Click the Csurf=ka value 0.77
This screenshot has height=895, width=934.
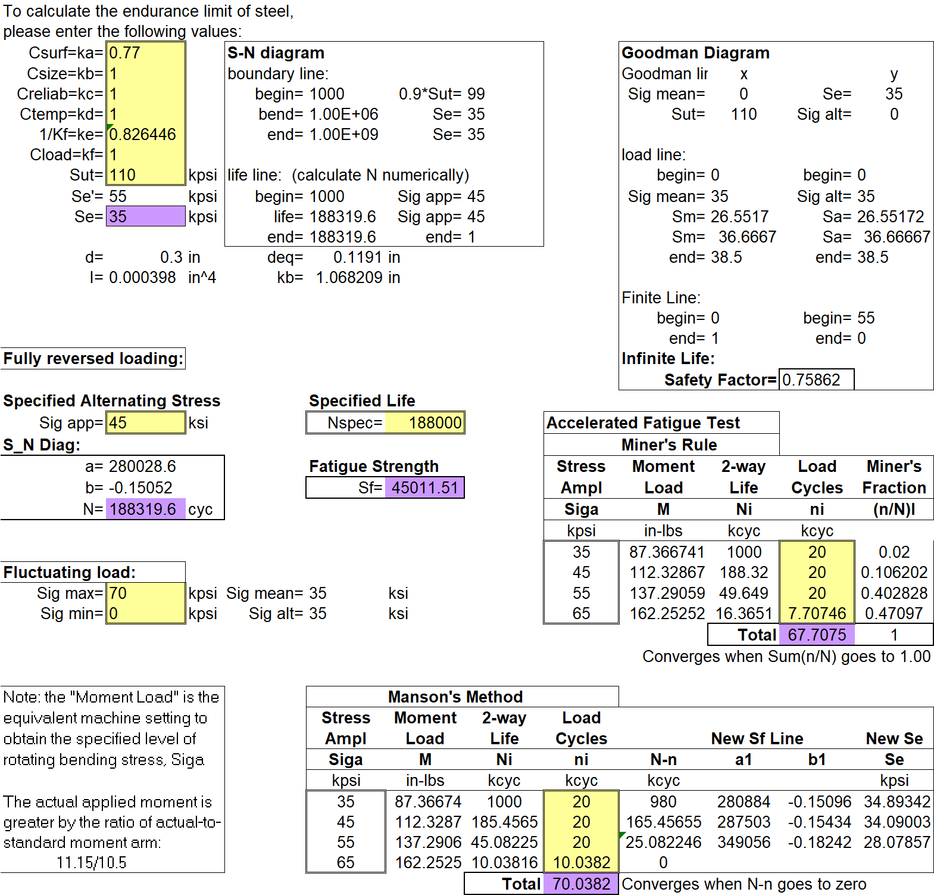point(124,53)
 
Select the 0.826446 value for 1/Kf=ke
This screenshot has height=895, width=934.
point(143,135)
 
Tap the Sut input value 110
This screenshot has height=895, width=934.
point(123,175)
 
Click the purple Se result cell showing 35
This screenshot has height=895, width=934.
point(146,216)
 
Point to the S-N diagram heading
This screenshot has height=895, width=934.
point(276,53)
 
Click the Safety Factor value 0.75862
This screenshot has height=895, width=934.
point(811,380)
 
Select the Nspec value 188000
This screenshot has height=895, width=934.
point(435,423)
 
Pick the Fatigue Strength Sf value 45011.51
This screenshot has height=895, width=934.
point(425,488)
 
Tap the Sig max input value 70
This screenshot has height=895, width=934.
point(118,593)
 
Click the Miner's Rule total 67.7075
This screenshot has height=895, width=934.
point(817,635)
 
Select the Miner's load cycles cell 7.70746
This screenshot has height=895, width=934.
point(817,614)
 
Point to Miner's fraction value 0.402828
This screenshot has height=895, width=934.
point(894,593)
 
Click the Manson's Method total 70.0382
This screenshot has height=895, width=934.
point(582,884)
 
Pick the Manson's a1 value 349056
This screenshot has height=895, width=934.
point(744,843)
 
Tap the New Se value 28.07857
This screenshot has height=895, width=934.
point(897,843)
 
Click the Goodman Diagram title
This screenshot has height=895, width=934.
point(695,53)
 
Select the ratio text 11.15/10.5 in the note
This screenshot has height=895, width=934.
point(92,863)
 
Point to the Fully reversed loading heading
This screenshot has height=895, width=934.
point(93,359)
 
